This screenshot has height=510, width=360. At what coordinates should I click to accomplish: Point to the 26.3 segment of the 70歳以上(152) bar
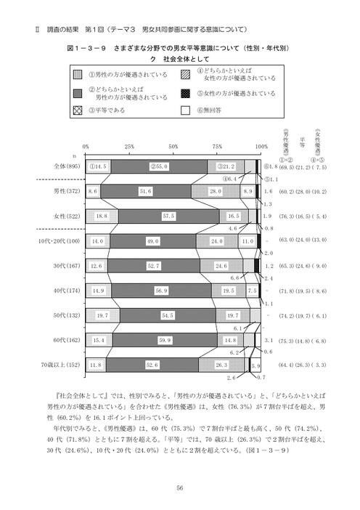coord(221,365)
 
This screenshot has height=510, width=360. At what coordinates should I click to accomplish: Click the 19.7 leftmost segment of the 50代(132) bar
coord(102,315)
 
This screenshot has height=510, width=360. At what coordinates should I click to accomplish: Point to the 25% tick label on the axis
coord(129,146)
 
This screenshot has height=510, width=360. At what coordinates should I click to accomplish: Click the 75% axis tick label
coord(218,146)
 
